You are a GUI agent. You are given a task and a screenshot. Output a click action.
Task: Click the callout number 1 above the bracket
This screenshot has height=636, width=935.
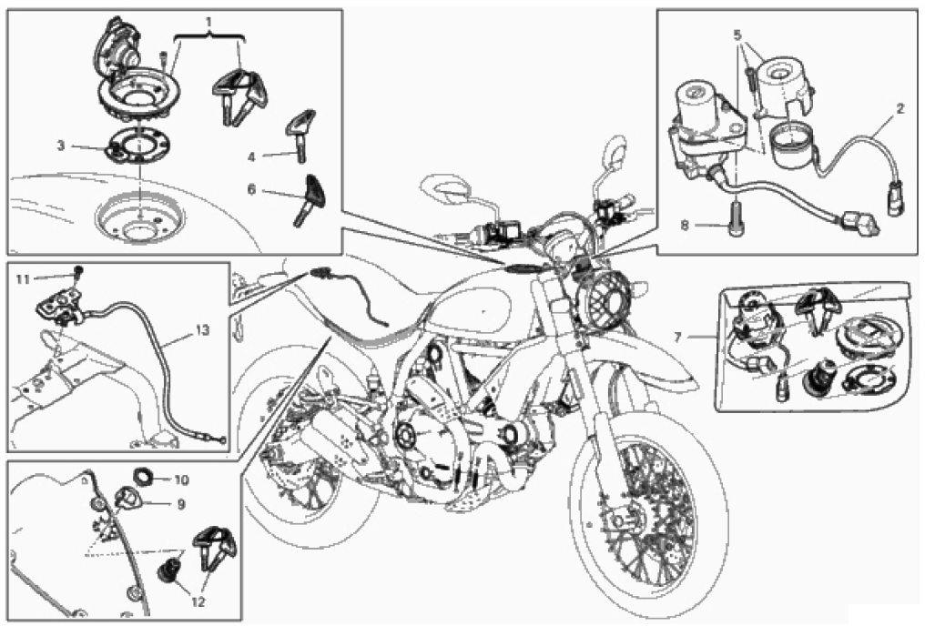coord(208,22)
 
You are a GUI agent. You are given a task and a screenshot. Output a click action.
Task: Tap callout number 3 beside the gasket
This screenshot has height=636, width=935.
coord(61,146)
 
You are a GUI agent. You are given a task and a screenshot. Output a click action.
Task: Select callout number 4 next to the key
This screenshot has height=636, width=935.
coord(251,156)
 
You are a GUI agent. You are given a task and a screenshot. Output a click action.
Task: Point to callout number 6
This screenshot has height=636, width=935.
coord(251,189)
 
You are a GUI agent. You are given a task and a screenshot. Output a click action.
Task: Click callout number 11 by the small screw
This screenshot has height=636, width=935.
coord(23,279)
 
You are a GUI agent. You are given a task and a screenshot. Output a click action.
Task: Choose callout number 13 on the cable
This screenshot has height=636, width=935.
coord(203,329)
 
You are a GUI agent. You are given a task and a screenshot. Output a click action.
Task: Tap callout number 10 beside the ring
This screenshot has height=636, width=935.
coord(181,480)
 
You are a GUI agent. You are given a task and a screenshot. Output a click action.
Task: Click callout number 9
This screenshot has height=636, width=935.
coord(181,504)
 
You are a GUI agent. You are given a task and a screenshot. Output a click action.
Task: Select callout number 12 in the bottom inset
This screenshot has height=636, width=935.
coord(198,602)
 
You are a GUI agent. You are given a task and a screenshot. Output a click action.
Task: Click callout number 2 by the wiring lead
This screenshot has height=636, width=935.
coord(899,109)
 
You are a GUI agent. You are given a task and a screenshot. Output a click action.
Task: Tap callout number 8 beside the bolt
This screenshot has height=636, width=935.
coord(685,226)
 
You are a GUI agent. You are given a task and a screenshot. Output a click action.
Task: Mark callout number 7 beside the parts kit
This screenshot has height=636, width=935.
coord(677,338)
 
